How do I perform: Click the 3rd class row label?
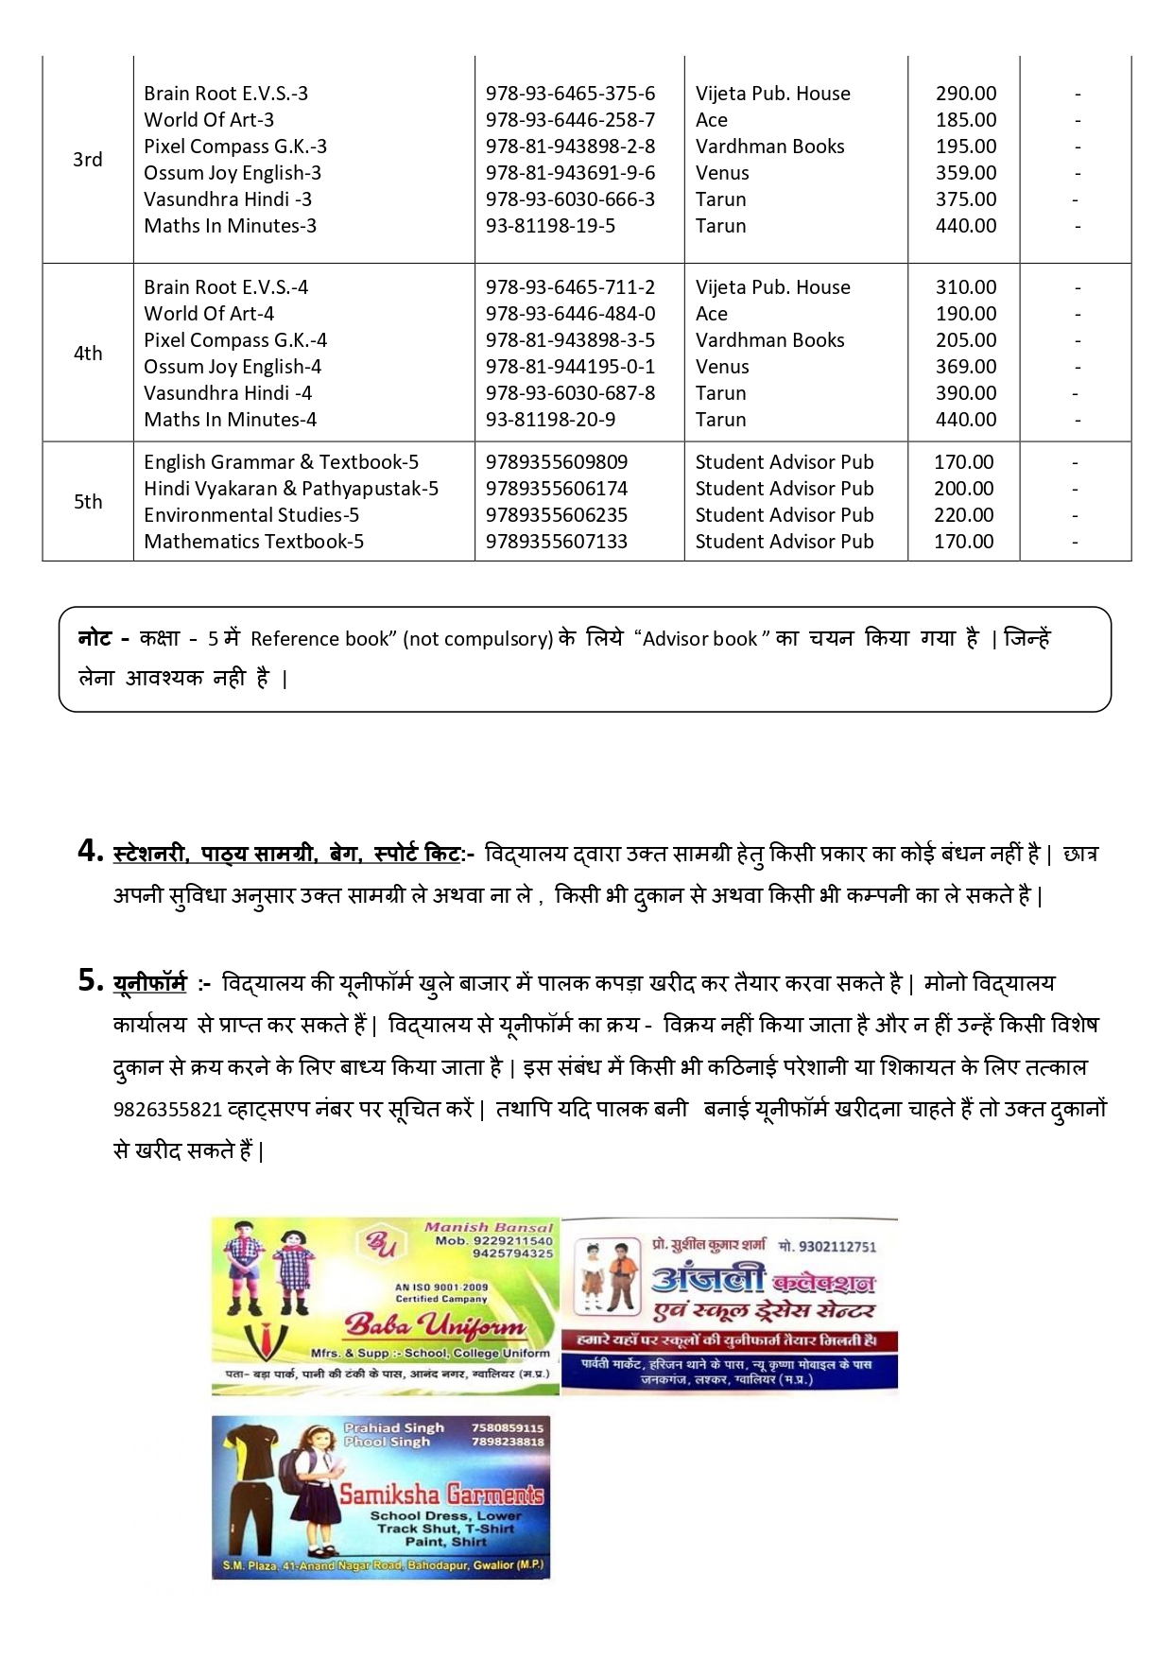(87, 160)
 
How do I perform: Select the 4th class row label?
(87, 354)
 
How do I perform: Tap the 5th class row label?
(87, 502)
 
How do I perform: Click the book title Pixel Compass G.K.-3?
(235, 147)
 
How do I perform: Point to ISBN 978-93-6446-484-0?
(570, 314)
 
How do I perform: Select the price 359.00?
(965, 173)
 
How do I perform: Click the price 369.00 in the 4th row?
(965, 367)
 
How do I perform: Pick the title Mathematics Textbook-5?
(253, 542)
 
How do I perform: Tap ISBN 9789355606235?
(556, 515)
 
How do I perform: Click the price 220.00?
(963, 515)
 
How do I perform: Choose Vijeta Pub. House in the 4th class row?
(772, 287)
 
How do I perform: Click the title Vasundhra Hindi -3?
(228, 199)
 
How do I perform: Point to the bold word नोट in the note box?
(96, 639)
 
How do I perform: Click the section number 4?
(90, 852)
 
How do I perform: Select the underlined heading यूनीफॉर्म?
(149, 983)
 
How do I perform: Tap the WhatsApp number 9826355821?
(167, 1110)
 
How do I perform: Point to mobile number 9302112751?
(837, 1247)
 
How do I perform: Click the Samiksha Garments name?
(441, 1495)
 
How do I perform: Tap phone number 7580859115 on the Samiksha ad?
(508, 1428)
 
